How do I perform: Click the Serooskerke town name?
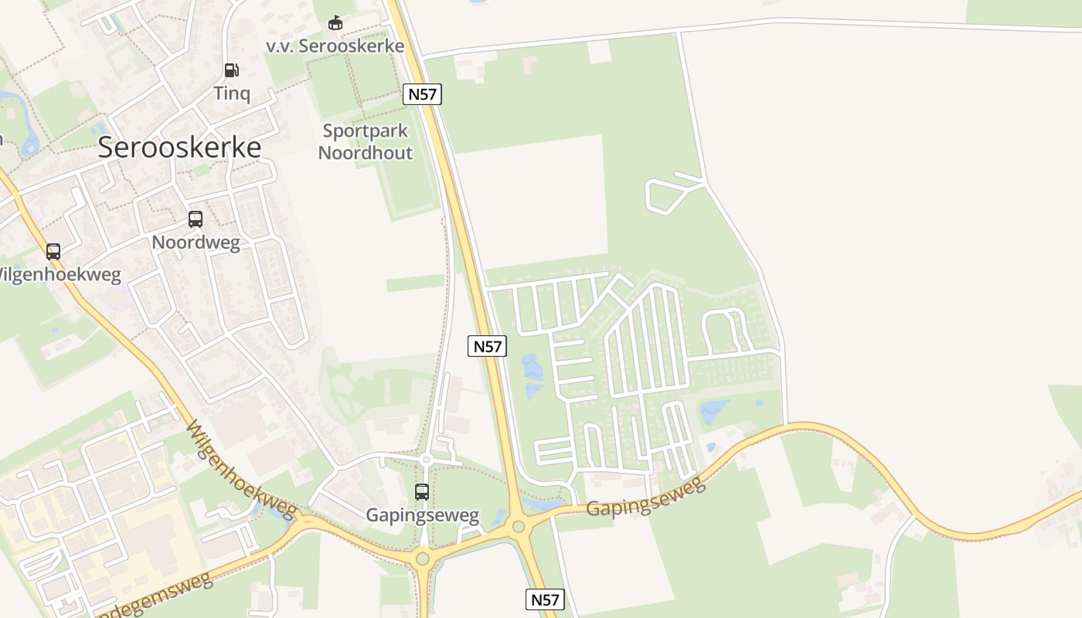pos(179,148)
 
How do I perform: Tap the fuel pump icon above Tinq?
pos(231,70)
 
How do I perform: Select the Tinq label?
pos(232,93)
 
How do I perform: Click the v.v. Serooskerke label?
pos(335,46)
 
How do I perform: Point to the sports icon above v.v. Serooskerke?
pos(335,23)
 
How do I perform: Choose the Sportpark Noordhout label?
pos(366,142)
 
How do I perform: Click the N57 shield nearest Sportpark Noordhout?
pos(422,95)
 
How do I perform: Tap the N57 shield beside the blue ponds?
pos(487,347)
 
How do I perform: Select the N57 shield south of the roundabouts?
pos(546,599)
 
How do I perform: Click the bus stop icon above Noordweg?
pos(196,219)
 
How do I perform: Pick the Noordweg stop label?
pos(196,243)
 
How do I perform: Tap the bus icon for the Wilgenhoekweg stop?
pos(53,251)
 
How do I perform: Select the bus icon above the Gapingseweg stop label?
pos(422,492)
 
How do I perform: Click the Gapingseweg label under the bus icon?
pos(422,515)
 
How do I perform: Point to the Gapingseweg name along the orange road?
pos(645,497)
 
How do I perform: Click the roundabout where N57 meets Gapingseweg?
pos(519,527)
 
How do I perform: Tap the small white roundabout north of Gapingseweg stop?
pos(426,460)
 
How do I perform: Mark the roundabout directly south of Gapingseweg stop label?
pos(422,558)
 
